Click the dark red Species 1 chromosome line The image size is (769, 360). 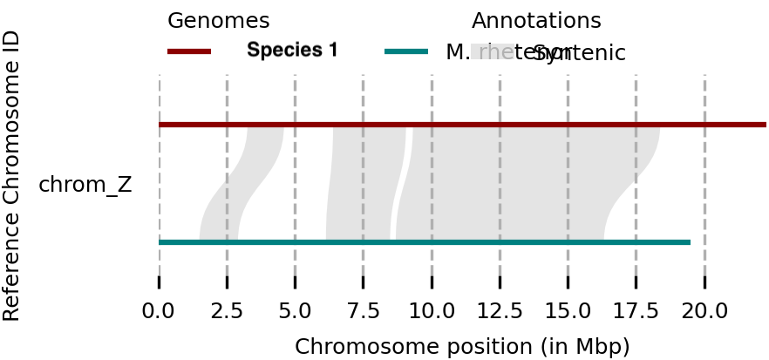(462, 125)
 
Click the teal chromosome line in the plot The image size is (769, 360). (424, 241)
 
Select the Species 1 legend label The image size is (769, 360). (292, 51)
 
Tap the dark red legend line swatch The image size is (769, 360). (189, 51)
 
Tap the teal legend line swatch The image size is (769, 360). (406, 51)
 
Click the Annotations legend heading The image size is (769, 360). (536, 21)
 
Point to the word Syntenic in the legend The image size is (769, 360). (580, 53)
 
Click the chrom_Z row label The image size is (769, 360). (85, 185)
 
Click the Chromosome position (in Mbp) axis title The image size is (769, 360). (462, 346)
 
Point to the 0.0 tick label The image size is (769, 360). (159, 310)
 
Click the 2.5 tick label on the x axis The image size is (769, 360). (227, 310)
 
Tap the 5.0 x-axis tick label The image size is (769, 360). (295, 310)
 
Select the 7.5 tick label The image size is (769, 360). (363, 310)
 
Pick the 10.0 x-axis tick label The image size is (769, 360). (432, 310)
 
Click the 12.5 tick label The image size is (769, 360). (500, 310)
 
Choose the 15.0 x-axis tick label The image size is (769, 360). (568, 310)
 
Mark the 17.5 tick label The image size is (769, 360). (636, 310)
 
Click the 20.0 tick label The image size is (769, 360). (704, 310)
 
